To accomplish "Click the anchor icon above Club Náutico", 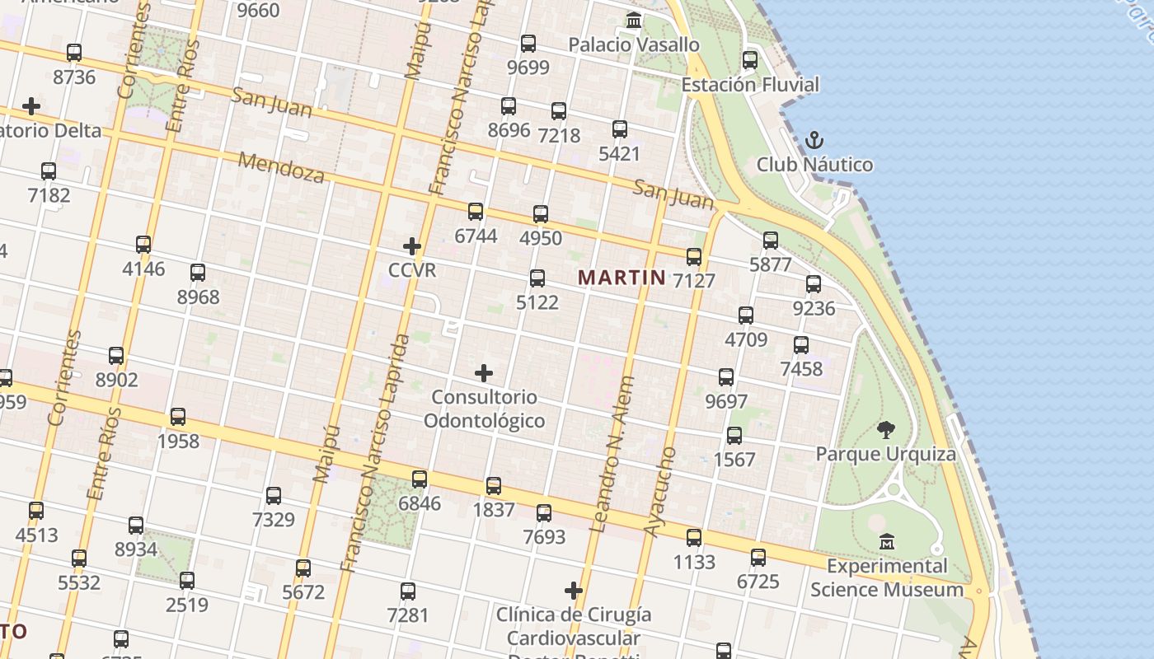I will point(814,140).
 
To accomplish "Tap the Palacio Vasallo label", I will point(634,44).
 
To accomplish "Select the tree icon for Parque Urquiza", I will point(886,429).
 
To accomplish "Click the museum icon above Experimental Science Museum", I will point(887,542).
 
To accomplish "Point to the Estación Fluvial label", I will point(749,84).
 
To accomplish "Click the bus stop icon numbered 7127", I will point(694,257).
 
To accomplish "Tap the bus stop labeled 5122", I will point(537,278).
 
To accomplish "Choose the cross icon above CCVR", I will point(412,245).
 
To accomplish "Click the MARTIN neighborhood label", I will point(622,277).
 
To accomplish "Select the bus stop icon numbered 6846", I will point(420,479).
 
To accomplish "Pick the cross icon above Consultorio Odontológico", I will point(484,373).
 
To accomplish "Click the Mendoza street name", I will point(281,166).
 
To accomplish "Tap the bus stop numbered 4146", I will point(143,245).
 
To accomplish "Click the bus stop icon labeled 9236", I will point(814,284).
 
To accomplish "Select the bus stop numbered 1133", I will point(694,538).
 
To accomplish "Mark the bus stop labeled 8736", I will point(74,53).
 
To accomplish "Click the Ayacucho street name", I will point(659,493).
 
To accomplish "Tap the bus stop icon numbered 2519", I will point(187,581).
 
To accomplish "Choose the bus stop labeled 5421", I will point(620,129).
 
